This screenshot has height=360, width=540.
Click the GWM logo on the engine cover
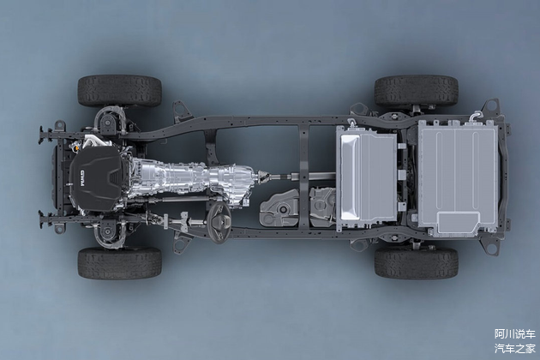[x=82, y=177]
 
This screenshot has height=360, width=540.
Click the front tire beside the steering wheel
[x=120, y=263]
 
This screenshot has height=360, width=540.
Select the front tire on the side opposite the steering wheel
[x=120, y=91]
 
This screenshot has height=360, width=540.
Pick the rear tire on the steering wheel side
[x=416, y=263]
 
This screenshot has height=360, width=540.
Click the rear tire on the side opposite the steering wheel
[x=416, y=92]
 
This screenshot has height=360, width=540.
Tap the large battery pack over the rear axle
[x=458, y=178]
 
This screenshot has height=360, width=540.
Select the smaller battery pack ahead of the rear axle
[x=367, y=178]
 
